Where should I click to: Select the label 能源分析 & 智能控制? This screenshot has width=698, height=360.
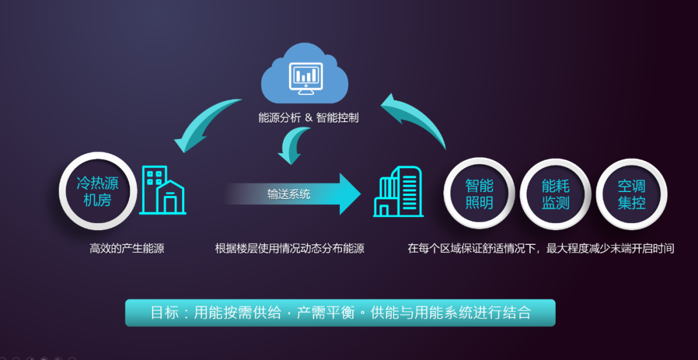(x=308, y=118)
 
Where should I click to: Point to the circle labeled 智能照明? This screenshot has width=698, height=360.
(x=479, y=194)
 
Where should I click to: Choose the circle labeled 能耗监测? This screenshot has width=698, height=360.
(x=555, y=194)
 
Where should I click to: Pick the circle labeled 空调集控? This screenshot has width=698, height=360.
(x=631, y=194)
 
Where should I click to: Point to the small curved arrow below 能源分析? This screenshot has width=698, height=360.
(x=294, y=146)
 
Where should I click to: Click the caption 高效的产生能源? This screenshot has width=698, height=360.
(x=127, y=248)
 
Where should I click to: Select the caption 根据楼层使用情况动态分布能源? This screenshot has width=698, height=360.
(x=290, y=248)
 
